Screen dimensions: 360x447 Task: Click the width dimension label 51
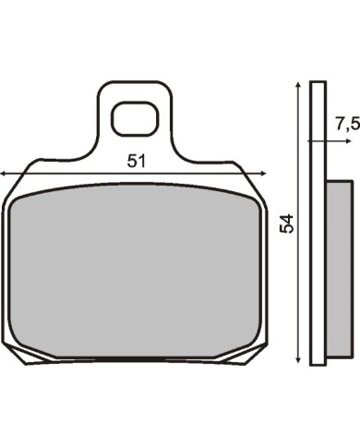pos(136,161)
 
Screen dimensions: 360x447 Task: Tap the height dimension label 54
pos(287,223)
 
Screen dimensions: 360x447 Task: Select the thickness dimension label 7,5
pos(347,125)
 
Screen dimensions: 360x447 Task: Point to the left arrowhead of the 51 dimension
pos(3,174)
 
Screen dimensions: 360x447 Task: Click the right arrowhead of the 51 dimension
pos(263,174)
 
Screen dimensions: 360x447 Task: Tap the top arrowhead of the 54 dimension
pos(297,85)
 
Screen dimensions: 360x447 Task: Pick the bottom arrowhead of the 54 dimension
pos(297,359)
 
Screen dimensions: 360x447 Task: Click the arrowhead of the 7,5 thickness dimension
pos(348,141)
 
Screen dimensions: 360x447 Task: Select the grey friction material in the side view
pos(340,270)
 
